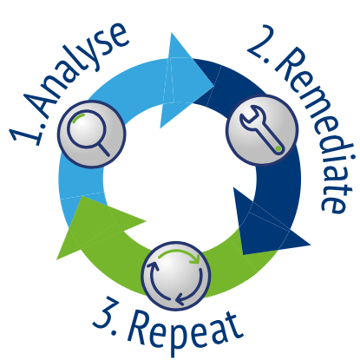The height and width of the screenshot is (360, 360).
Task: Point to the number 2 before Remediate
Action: pos(259,42)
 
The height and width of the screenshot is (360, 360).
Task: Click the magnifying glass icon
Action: pos(88,132)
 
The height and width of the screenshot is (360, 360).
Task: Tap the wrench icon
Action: pos(261,129)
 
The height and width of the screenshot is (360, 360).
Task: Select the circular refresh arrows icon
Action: pos(175,276)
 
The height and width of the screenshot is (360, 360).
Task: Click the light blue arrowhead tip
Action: pos(214,86)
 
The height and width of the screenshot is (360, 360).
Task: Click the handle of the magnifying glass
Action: pos(103,149)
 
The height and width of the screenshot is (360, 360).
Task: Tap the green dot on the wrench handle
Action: pos(278,148)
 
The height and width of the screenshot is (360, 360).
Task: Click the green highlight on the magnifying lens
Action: pos(78,117)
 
